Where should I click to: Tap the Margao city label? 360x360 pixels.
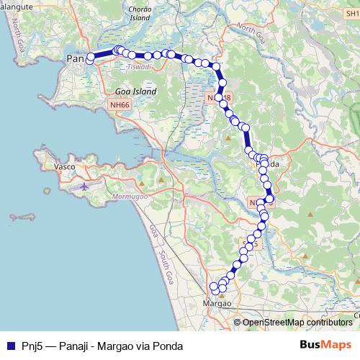(x=217, y=303)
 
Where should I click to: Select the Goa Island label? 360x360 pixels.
(x=132, y=91)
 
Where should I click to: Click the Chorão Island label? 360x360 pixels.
(x=138, y=14)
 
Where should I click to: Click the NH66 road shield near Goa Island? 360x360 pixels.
(x=120, y=105)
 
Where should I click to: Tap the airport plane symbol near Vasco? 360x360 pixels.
(x=84, y=186)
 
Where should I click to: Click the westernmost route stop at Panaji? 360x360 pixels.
(x=90, y=60)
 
